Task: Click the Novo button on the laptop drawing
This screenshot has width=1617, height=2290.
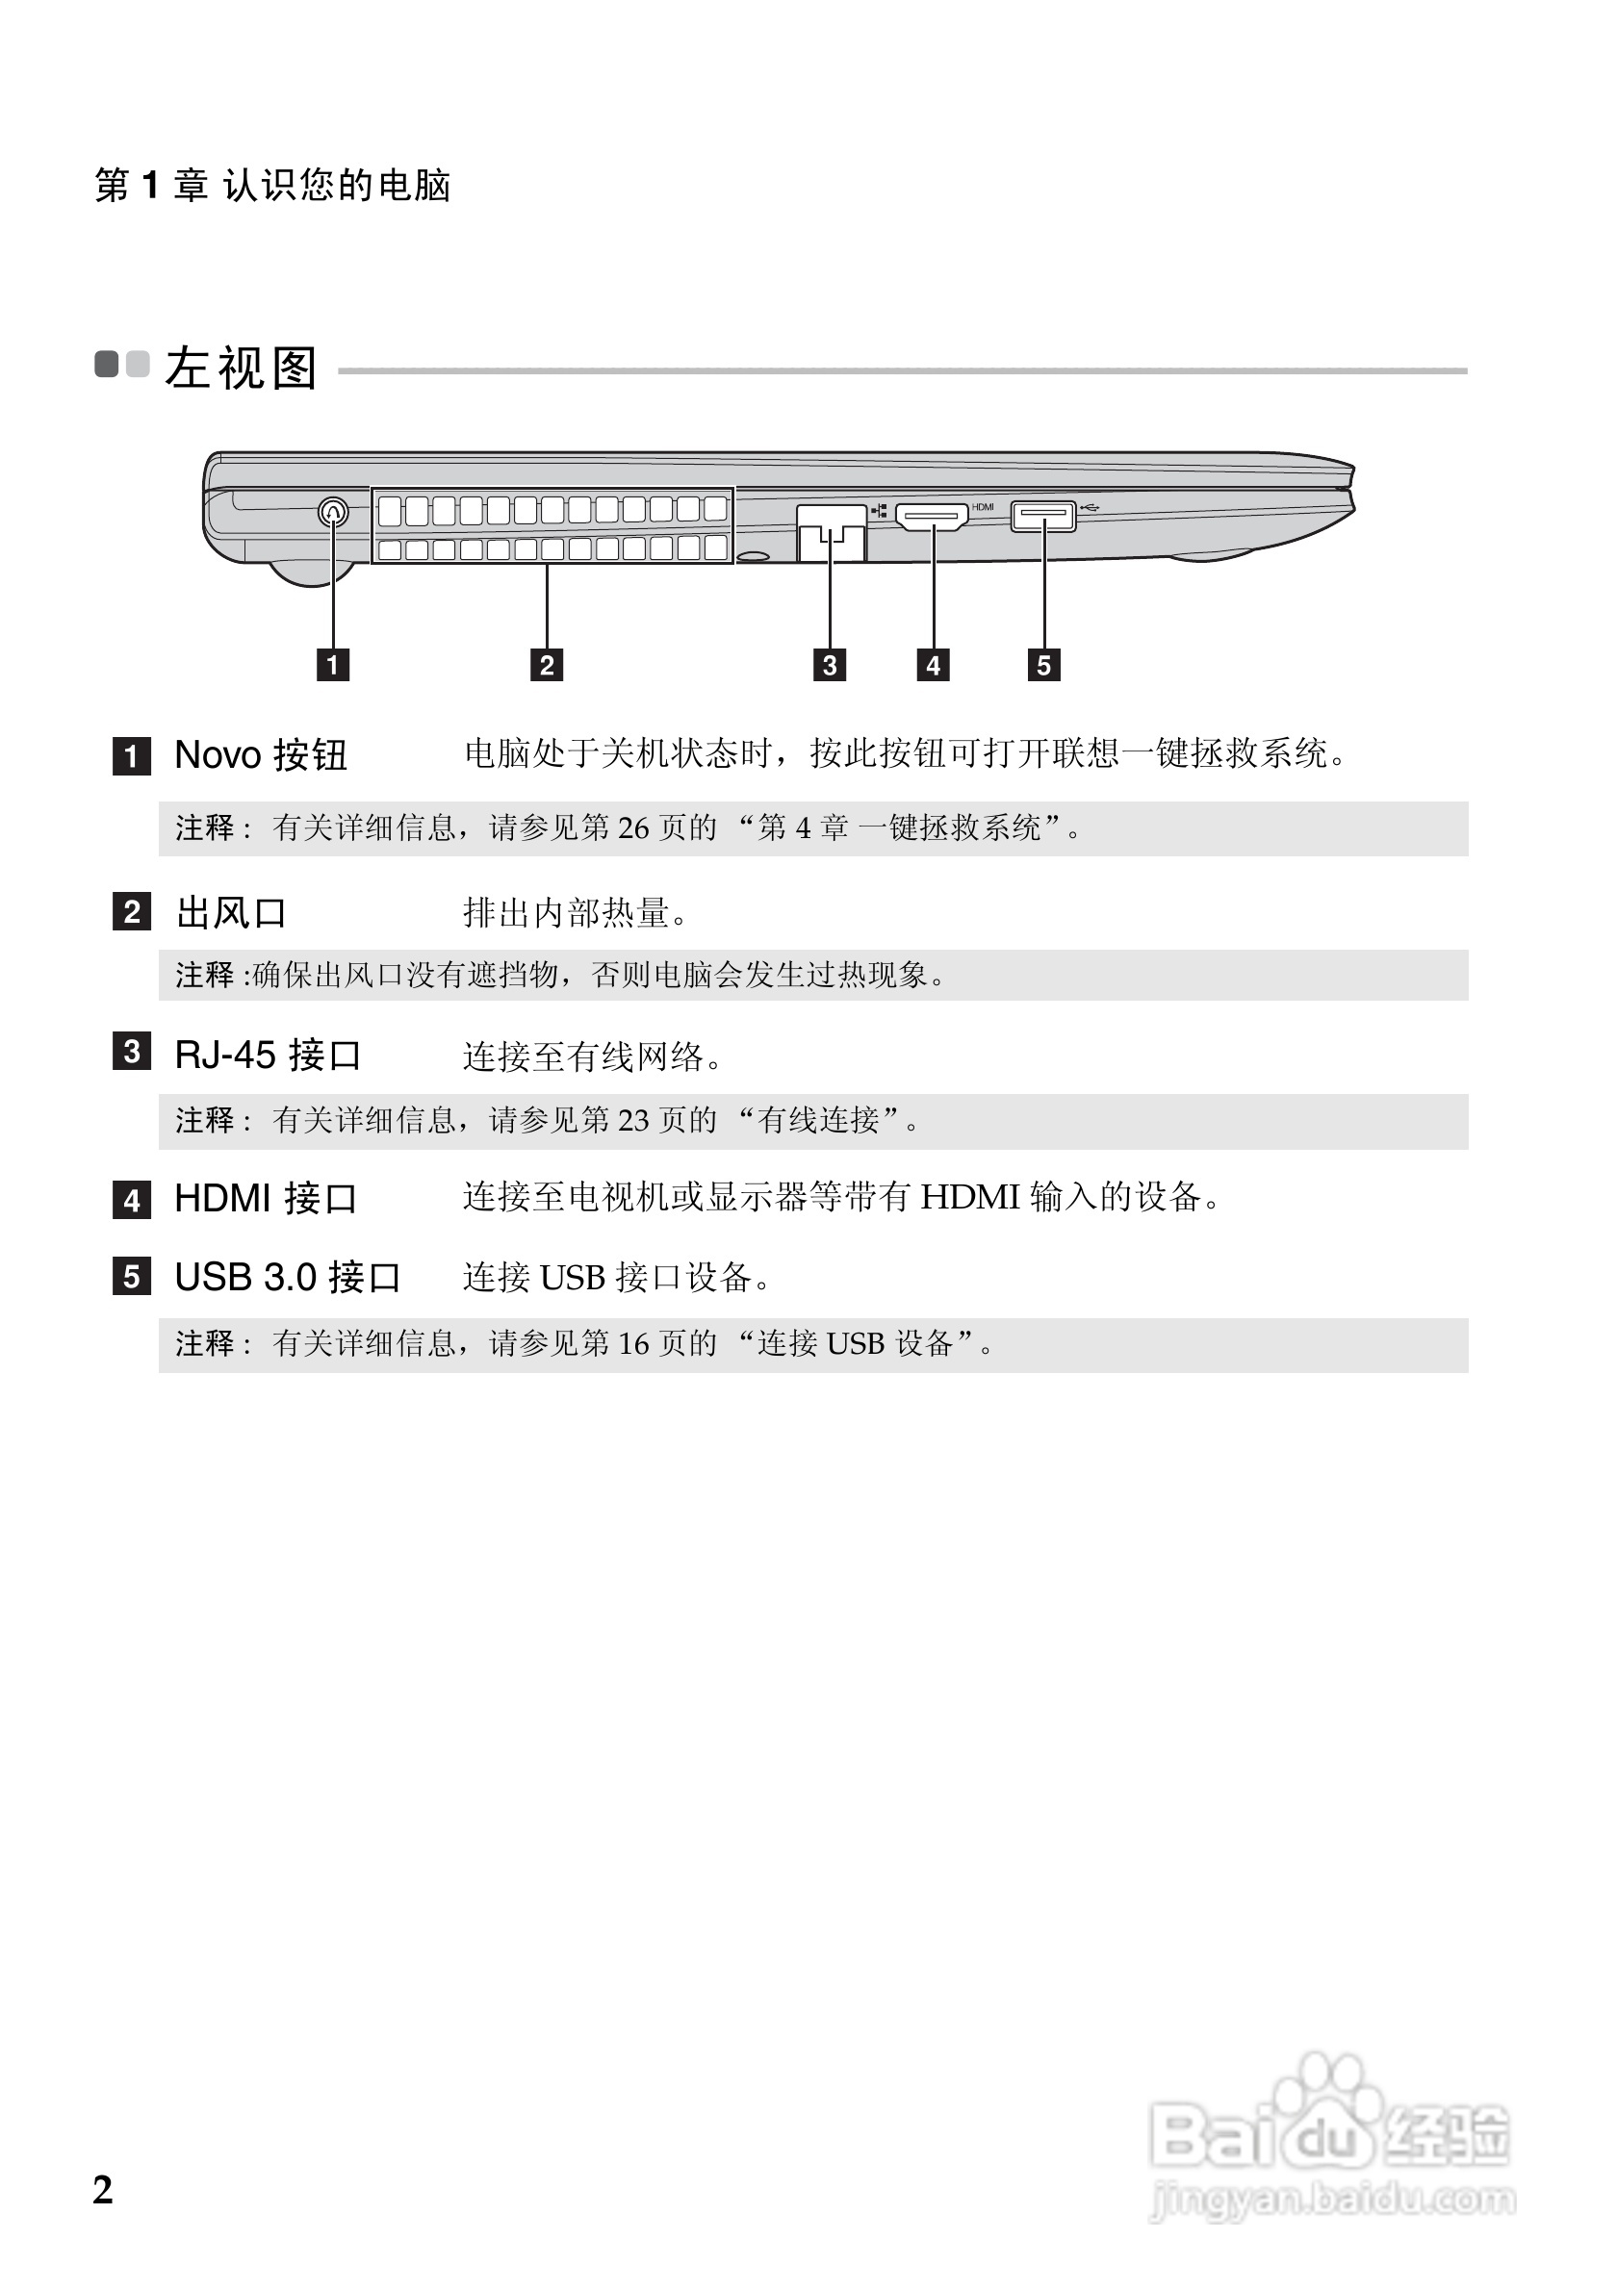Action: (x=333, y=513)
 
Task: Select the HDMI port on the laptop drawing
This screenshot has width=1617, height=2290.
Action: (x=932, y=517)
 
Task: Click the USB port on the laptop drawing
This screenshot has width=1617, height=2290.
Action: (x=1042, y=516)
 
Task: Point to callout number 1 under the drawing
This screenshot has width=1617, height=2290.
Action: (x=333, y=664)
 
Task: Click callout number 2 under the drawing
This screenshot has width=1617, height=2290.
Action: (x=547, y=664)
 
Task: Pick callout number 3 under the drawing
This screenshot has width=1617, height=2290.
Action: (x=830, y=664)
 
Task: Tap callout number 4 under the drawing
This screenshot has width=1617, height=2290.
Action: (x=933, y=664)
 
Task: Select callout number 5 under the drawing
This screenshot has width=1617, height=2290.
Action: (x=1043, y=664)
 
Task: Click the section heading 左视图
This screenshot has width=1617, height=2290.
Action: (x=242, y=368)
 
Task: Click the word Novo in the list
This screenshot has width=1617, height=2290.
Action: (x=218, y=755)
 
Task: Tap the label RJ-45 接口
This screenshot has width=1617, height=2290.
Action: (x=268, y=1055)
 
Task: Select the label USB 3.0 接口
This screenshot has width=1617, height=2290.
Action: (x=287, y=1277)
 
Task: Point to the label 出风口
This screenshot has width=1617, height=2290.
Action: (x=231, y=912)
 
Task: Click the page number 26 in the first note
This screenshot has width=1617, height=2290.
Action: (x=632, y=827)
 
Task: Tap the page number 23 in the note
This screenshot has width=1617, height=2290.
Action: (x=632, y=1120)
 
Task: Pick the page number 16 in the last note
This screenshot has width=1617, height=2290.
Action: (x=632, y=1343)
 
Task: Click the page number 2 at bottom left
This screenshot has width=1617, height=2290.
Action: (x=103, y=2189)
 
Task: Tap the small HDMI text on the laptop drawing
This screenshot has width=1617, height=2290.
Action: (x=983, y=507)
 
